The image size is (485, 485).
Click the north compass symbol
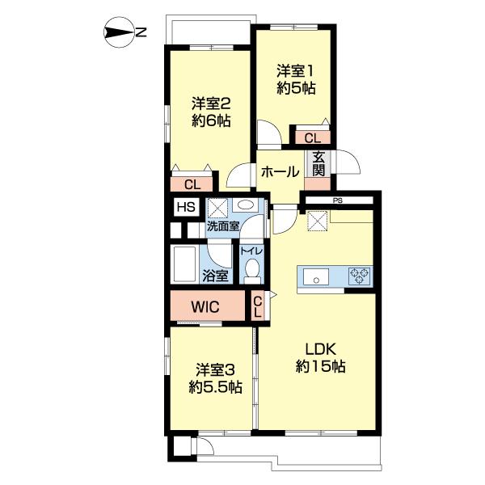click(x=119, y=32)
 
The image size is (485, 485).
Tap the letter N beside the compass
click(x=141, y=32)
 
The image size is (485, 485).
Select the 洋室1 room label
click(x=295, y=71)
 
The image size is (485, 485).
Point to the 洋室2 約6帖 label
click(x=211, y=112)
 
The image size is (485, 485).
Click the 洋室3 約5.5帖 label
click(x=215, y=378)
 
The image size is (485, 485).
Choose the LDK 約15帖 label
click(x=320, y=358)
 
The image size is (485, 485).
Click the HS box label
click(x=186, y=207)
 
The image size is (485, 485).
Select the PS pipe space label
click(x=338, y=200)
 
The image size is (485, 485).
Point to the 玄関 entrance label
click(x=318, y=164)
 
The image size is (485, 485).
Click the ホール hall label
click(x=280, y=171)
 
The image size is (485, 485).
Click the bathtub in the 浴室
click(x=184, y=264)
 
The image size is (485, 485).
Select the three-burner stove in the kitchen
click(x=359, y=276)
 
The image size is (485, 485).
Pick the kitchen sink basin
click(x=316, y=276)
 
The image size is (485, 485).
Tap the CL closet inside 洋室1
click(x=313, y=137)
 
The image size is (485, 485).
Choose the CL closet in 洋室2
click(x=192, y=184)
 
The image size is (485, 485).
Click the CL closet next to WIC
click(x=257, y=306)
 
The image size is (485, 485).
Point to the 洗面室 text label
click(x=223, y=226)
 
